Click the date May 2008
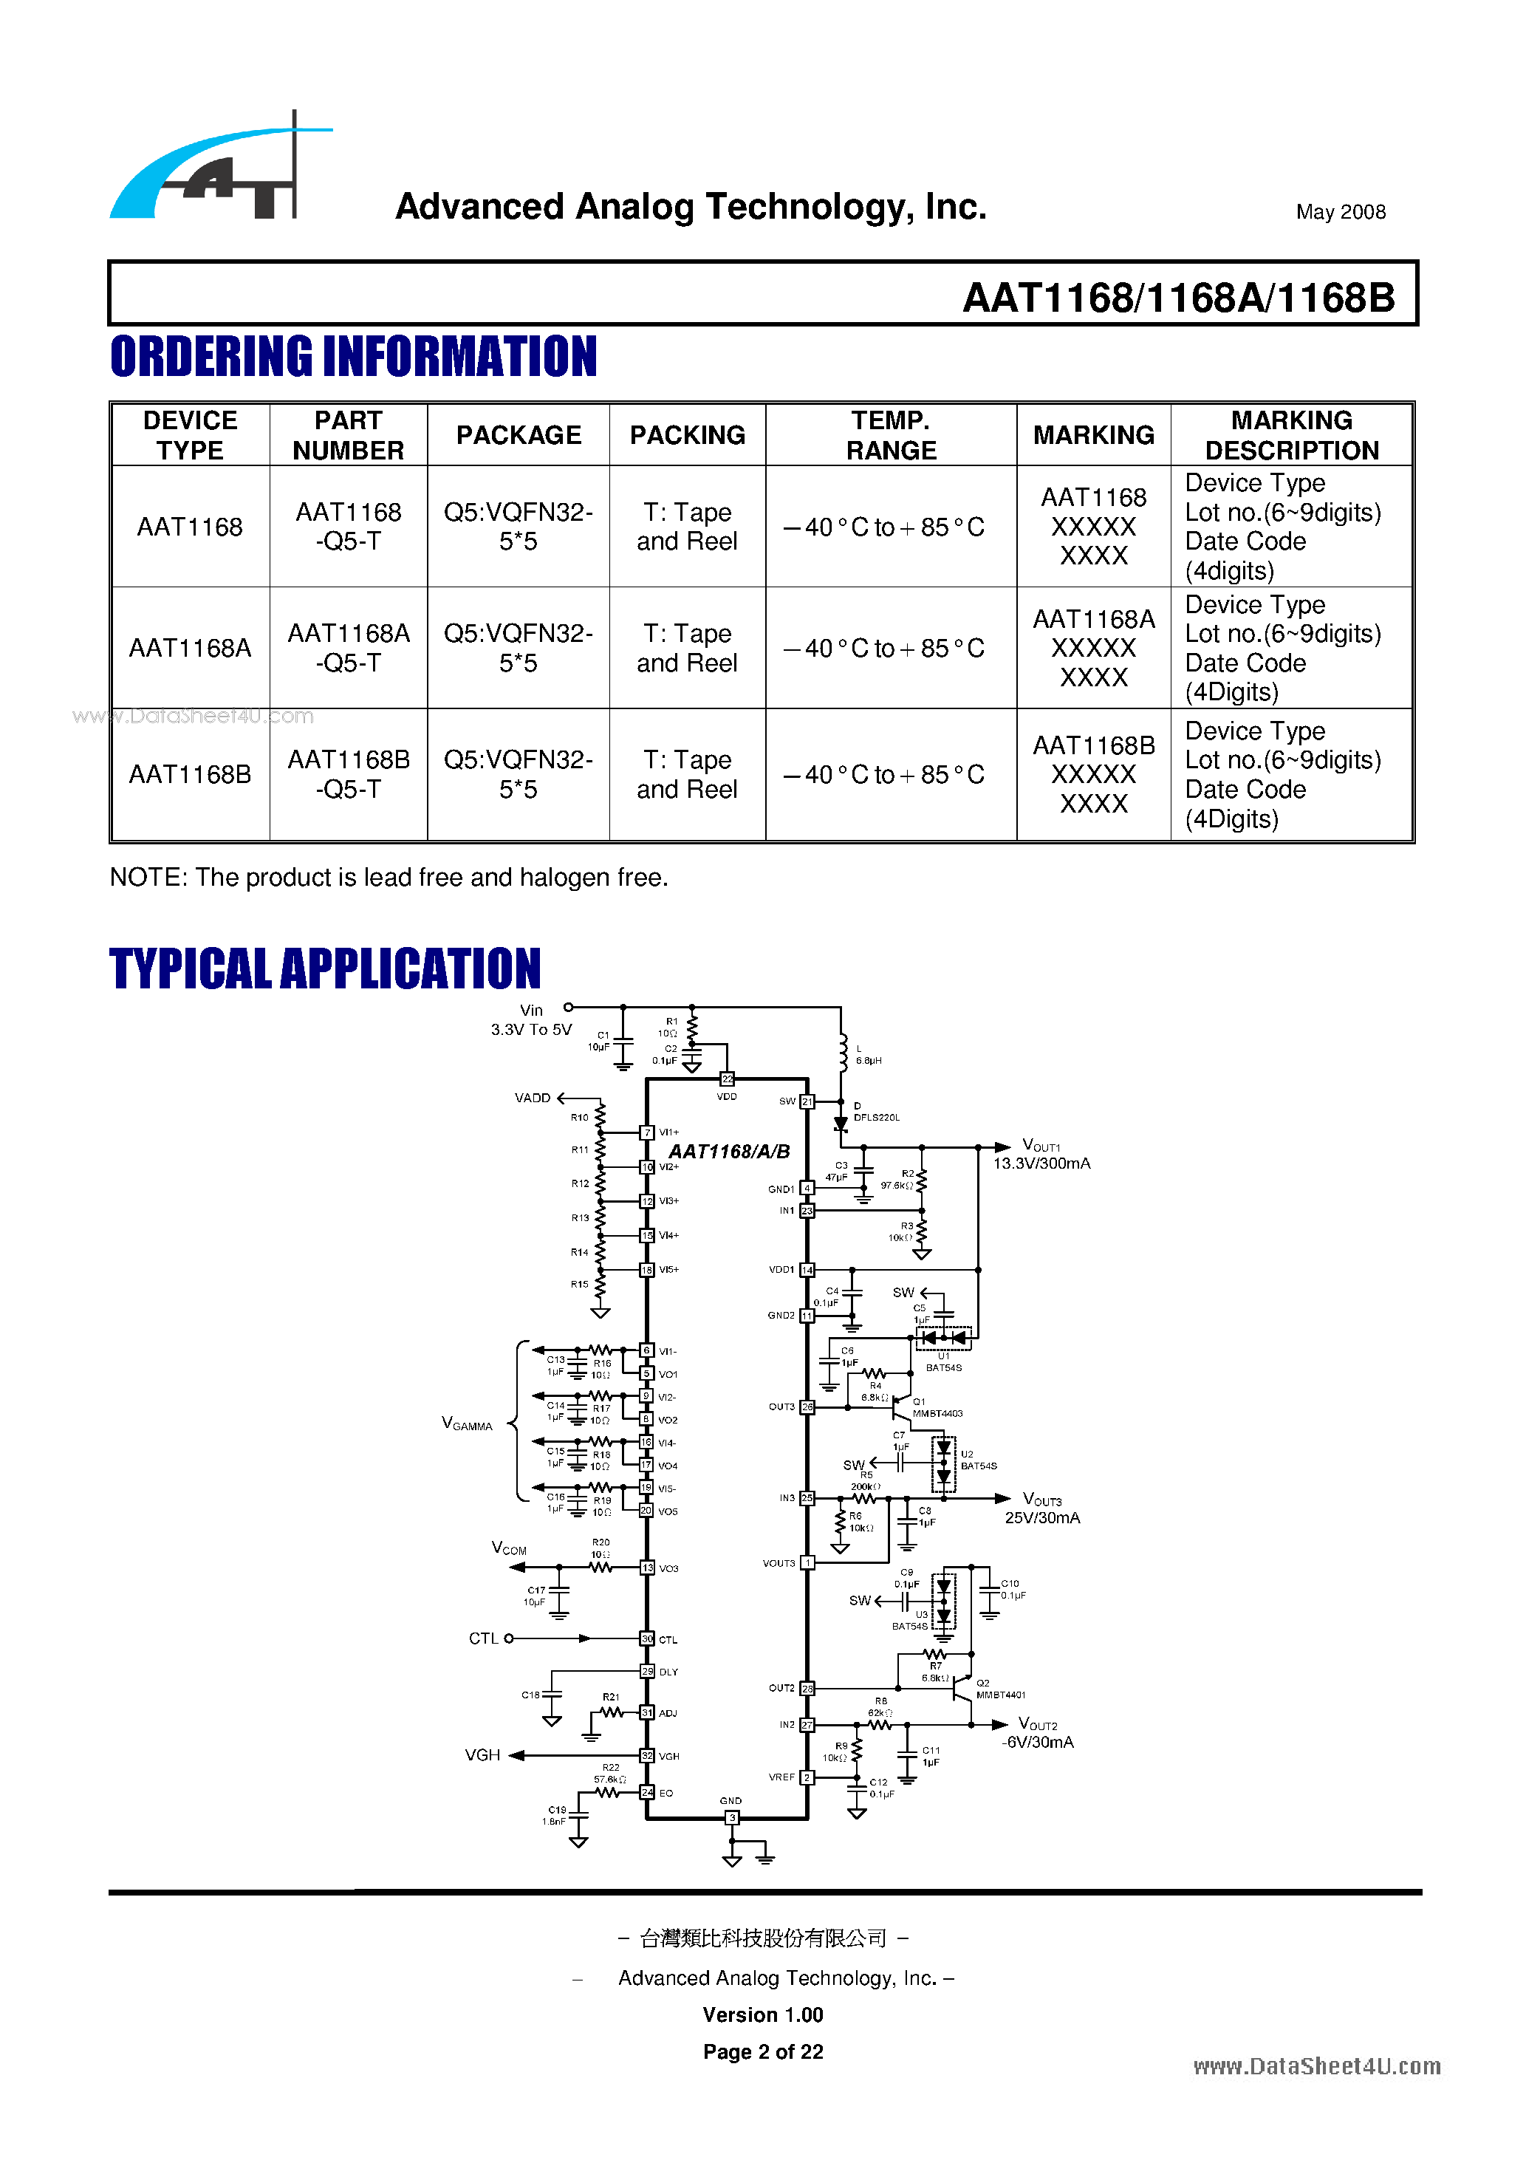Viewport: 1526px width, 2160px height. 1340,212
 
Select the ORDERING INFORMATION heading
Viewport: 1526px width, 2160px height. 353,357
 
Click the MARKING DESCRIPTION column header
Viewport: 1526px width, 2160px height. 1291,434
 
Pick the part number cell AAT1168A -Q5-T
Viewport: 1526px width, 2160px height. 348,648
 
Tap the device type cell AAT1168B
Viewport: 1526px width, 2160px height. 190,774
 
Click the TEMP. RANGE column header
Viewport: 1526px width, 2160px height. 890,434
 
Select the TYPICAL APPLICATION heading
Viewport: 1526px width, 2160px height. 324,969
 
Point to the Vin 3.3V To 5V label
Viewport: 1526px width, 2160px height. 532,1019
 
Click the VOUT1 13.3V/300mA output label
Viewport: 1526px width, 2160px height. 1041,1155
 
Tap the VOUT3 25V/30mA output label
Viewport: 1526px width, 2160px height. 1042,1508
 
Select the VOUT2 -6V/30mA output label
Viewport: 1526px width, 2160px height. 1038,1733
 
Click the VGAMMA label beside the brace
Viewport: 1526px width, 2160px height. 467,1424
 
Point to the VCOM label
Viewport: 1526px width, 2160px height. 509,1548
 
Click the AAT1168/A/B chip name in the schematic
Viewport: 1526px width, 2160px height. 729,1152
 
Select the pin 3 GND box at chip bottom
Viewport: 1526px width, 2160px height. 732,1817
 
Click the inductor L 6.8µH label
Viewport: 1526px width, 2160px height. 867,1055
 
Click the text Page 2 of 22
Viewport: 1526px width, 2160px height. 763,2052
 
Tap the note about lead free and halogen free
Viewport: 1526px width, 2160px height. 389,877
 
